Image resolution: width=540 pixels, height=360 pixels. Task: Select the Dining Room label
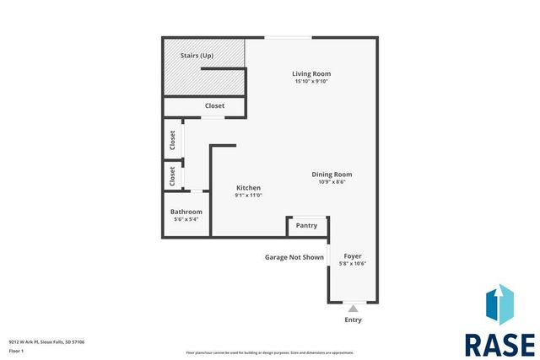click(332, 174)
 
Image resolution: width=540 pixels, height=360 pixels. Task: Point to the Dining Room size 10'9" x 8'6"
click(332, 181)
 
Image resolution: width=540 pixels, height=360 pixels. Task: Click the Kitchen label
click(248, 187)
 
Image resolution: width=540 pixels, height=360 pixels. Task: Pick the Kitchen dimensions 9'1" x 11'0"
click(248, 195)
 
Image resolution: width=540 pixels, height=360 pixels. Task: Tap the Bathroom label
click(186, 212)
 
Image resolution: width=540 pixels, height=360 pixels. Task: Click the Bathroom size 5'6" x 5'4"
click(186, 219)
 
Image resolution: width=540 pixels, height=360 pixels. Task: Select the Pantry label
click(306, 225)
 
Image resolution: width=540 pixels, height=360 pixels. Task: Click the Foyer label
click(353, 255)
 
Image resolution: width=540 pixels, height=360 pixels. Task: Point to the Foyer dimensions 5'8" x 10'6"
click(353, 263)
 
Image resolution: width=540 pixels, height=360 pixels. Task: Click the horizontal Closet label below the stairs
click(215, 106)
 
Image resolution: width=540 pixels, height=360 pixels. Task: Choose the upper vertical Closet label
click(172, 140)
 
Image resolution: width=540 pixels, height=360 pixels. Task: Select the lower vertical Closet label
click(172, 175)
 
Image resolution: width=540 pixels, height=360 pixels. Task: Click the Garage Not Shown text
click(294, 257)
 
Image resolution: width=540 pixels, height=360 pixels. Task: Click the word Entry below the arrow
click(353, 320)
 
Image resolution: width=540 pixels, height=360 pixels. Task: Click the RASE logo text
click(499, 344)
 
